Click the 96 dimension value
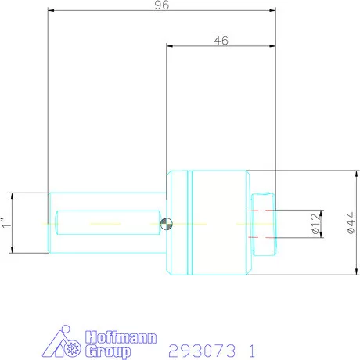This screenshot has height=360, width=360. [163, 5]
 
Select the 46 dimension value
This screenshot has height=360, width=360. [221, 41]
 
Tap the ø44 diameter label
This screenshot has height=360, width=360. [350, 224]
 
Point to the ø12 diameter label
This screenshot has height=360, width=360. [315, 224]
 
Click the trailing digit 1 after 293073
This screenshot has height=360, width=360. [252, 350]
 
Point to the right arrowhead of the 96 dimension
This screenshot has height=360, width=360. [274, 12]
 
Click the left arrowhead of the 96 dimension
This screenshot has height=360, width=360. [51, 12]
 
